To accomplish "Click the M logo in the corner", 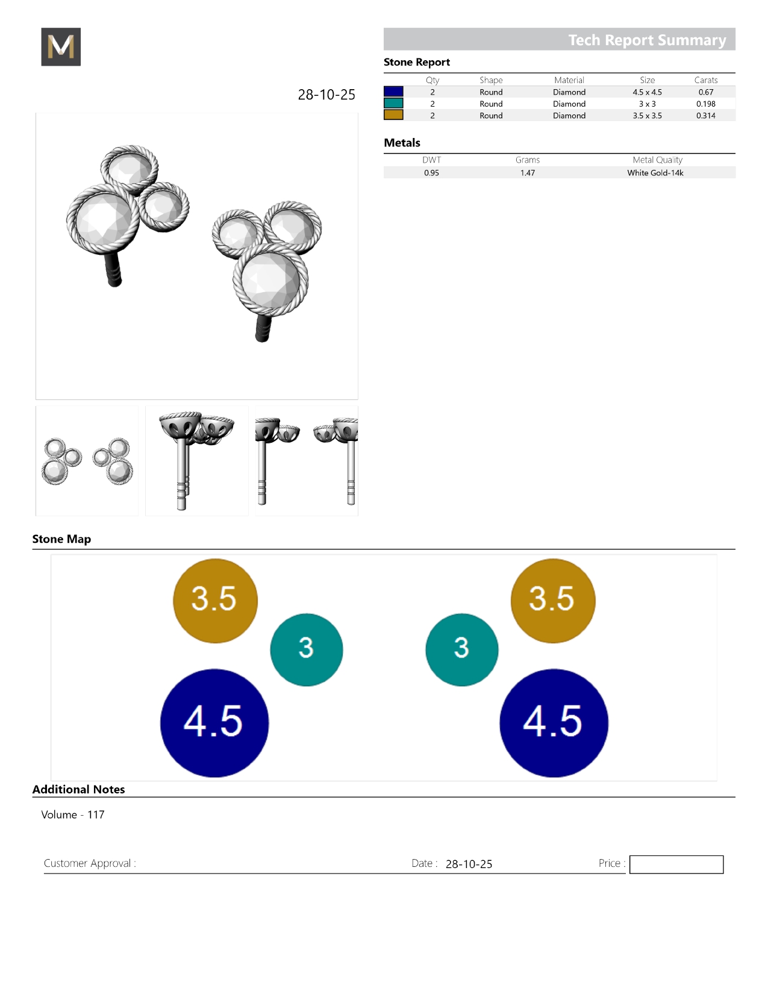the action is (61, 46).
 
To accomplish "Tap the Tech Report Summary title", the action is (647, 40).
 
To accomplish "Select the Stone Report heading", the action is (417, 62).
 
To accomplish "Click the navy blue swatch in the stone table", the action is (393, 92).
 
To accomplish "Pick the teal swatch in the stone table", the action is (393, 104).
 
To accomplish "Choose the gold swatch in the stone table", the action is (393, 115).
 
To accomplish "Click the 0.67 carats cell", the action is (705, 92).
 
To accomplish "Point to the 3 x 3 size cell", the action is (647, 104).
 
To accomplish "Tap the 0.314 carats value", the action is (705, 116).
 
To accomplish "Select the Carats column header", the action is (705, 80).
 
